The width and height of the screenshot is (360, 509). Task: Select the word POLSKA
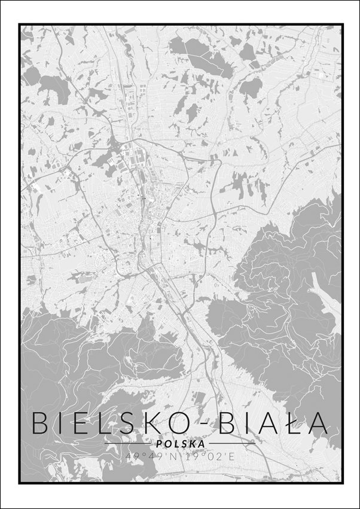pos(179,444)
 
